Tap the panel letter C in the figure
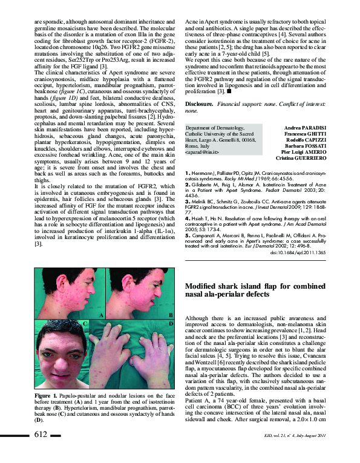coord(85,324)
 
